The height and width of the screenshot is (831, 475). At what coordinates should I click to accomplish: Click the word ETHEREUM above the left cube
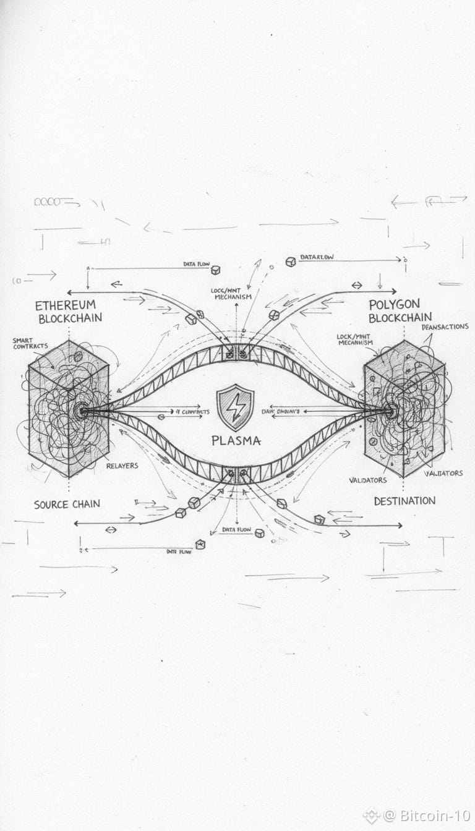pyautogui.click(x=66, y=305)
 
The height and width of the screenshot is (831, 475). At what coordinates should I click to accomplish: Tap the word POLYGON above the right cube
pyautogui.click(x=394, y=305)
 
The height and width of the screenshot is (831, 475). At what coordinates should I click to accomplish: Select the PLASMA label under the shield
pyautogui.click(x=236, y=441)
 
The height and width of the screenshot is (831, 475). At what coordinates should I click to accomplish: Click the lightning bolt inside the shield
pyautogui.click(x=236, y=407)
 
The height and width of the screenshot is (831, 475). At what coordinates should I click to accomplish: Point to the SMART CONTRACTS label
pyautogui.click(x=29, y=343)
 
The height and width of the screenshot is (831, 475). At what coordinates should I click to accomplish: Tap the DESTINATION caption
pyautogui.click(x=404, y=501)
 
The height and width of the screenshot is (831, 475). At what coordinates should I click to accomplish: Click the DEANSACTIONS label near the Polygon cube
pyautogui.click(x=445, y=326)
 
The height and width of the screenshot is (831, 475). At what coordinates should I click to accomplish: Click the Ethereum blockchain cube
pyautogui.click(x=68, y=408)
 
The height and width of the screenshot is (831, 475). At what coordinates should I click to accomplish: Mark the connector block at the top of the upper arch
pyautogui.click(x=236, y=352)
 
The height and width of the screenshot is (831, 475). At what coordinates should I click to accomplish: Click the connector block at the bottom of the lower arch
pyautogui.click(x=236, y=474)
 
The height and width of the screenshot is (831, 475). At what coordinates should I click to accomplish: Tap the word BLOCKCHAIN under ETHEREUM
pyautogui.click(x=70, y=319)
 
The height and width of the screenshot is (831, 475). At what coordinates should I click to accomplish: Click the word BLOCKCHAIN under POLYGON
pyautogui.click(x=400, y=318)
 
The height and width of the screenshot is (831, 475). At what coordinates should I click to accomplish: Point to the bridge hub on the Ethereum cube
pyautogui.click(x=81, y=409)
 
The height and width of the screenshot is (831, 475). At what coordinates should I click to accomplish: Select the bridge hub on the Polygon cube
pyautogui.click(x=390, y=409)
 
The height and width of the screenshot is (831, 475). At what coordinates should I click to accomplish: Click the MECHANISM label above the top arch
pyautogui.click(x=233, y=297)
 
